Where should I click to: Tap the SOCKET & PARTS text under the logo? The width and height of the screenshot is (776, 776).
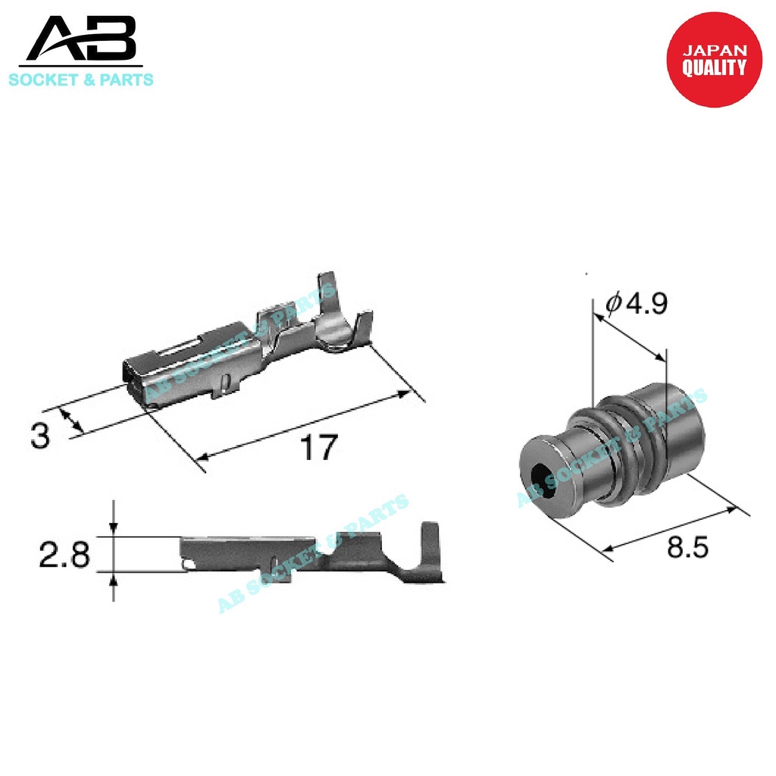click(x=80, y=79)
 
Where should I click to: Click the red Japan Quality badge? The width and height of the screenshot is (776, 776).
click(x=713, y=60)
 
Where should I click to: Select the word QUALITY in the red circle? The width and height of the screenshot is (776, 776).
click(x=714, y=67)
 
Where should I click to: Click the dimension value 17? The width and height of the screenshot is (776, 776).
click(x=316, y=449)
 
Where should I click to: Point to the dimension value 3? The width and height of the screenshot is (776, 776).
click(x=40, y=436)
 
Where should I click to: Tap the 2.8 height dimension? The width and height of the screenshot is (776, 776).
click(x=64, y=555)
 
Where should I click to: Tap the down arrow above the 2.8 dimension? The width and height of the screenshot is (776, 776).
click(x=114, y=527)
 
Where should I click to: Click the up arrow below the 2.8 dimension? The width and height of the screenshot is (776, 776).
click(x=114, y=581)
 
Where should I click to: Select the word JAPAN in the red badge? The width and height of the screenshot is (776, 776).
click(x=715, y=51)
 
